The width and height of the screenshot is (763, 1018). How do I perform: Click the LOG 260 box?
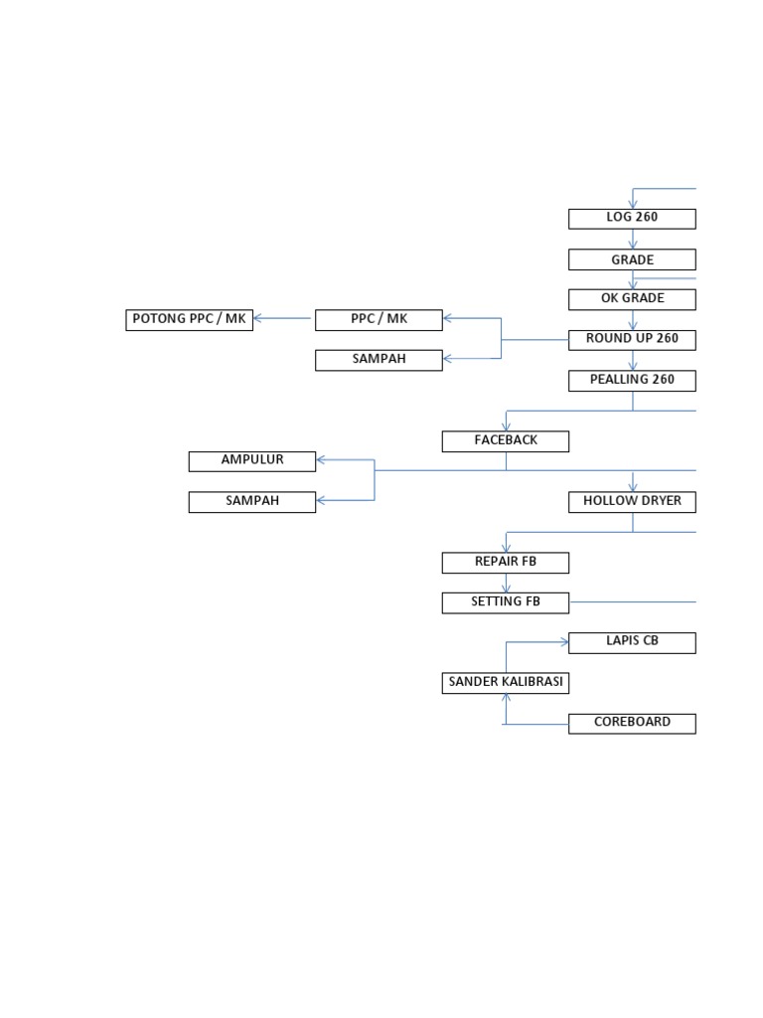click(632, 218)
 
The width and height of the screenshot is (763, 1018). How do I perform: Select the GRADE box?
click(632, 259)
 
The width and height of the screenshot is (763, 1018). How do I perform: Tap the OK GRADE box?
click(632, 299)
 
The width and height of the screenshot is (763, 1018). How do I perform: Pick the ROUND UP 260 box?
click(632, 339)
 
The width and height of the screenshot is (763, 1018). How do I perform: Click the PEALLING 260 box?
click(632, 380)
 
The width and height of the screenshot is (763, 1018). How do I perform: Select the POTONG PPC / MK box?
click(189, 319)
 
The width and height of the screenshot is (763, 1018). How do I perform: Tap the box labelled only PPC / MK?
click(379, 319)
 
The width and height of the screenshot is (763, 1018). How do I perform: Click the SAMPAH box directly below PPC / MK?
click(379, 360)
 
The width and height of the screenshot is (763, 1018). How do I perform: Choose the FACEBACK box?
click(505, 440)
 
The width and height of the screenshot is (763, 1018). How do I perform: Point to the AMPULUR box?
click(252, 460)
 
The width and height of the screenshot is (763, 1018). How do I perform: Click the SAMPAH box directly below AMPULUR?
click(252, 501)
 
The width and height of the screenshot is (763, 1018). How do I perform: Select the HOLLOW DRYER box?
click(632, 501)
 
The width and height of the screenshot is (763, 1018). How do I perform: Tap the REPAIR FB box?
click(505, 562)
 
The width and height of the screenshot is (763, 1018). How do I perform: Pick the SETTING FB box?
click(505, 601)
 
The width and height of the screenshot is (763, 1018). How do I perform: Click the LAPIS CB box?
click(632, 641)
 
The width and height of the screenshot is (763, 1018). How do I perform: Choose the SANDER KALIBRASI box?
click(505, 682)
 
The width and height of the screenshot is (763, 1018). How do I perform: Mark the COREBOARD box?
click(632, 723)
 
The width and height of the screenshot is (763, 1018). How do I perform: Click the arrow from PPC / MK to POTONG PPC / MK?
click(284, 319)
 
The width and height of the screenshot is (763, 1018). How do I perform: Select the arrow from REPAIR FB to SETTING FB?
click(506, 583)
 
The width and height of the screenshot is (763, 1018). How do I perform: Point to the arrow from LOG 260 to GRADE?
click(633, 239)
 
